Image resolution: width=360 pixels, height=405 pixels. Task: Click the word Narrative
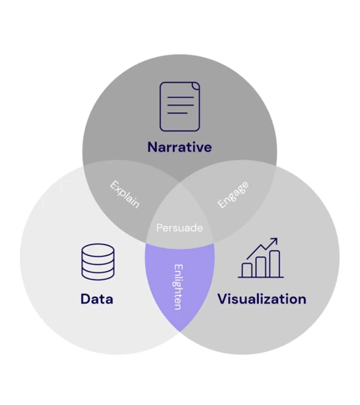coord(179,148)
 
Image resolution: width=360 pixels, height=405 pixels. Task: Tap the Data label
coord(97,299)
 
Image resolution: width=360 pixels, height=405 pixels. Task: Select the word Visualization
coord(262,299)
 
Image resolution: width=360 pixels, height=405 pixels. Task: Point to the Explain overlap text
coord(125,194)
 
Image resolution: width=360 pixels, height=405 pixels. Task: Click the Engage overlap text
coord(233,194)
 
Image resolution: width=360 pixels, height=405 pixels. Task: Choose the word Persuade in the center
coord(179,227)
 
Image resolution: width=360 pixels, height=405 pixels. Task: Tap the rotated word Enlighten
coord(178,286)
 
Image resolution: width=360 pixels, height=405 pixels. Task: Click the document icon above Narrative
coord(179,106)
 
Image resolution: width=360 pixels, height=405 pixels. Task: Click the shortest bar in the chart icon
coord(248,270)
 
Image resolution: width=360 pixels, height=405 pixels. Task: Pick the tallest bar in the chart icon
coord(275,263)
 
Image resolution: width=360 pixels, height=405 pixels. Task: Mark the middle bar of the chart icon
coord(261,267)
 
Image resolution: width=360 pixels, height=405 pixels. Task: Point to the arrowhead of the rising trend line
coord(275,240)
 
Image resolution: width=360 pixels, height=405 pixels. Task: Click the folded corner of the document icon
coord(196,86)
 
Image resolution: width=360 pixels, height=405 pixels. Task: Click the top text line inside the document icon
coord(179,97)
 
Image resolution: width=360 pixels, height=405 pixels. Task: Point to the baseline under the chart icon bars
coord(261,277)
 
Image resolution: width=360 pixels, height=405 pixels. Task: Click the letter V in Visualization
coord(223,299)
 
